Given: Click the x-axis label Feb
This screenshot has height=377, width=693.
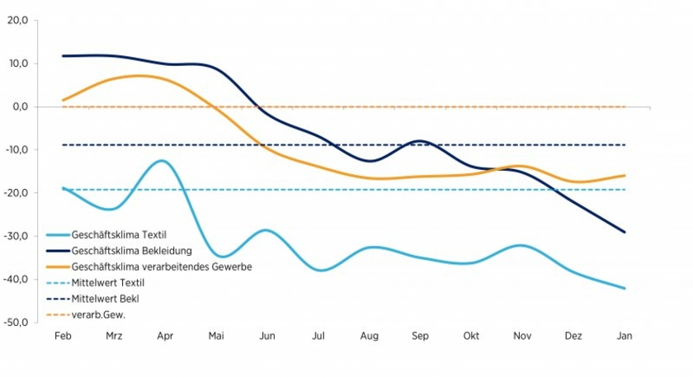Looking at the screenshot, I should pyautogui.click(x=62, y=336).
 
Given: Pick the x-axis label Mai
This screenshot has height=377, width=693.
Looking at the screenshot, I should pyautogui.click(x=216, y=336).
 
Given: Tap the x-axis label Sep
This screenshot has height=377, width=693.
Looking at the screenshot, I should pyautogui.click(x=421, y=336).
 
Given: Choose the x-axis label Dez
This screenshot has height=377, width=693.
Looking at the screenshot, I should pyautogui.click(x=574, y=336).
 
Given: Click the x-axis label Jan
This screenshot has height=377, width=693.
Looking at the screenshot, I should pyautogui.click(x=625, y=336).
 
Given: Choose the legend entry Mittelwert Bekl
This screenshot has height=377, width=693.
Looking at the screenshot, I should pyautogui.click(x=103, y=298).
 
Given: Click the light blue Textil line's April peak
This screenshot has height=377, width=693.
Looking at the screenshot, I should pyautogui.click(x=163, y=160).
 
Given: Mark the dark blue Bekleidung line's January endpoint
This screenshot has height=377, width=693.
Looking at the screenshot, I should pyautogui.click(x=625, y=232).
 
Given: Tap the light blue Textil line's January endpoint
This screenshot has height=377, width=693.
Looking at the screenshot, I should pyautogui.click(x=625, y=288).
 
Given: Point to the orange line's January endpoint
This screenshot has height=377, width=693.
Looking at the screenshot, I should pyautogui.click(x=625, y=176).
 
